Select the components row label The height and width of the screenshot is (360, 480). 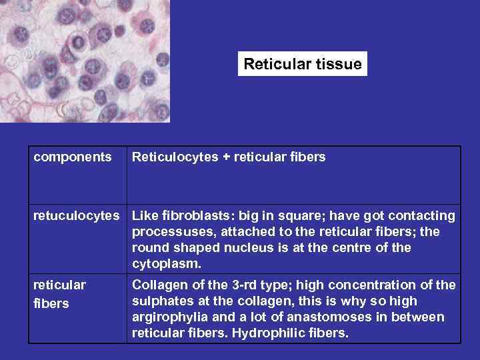[73, 157]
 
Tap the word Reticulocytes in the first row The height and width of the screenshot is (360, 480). [175, 157]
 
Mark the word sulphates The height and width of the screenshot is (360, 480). [162, 301]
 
